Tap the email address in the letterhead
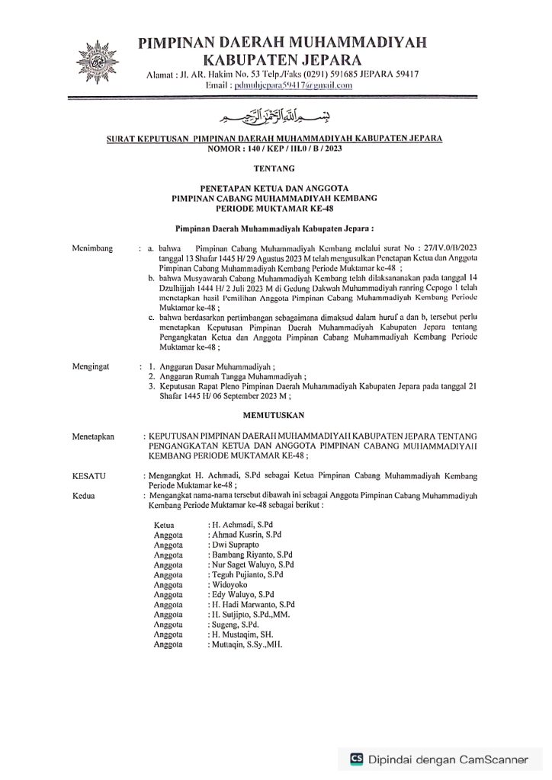click(x=297, y=85)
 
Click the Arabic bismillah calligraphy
click(x=276, y=117)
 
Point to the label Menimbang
click(x=91, y=248)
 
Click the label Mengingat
click(x=91, y=366)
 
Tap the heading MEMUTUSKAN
click(x=275, y=415)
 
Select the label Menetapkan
click(x=92, y=437)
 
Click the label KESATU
click(x=88, y=475)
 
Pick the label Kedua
click(x=84, y=494)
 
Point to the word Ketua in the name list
click(x=164, y=526)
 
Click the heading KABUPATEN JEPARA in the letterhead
click(x=281, y=58)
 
